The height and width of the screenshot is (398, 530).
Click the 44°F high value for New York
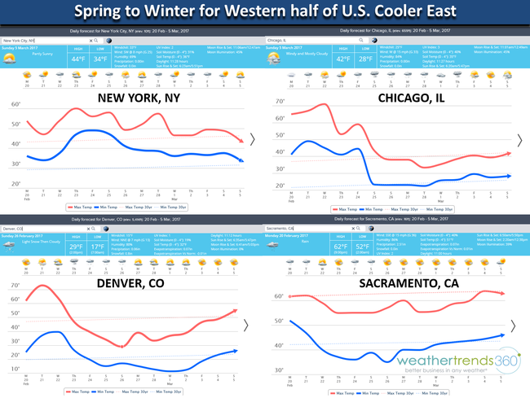tap(77, 59)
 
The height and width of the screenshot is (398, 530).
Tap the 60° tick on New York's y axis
tap(15, 105)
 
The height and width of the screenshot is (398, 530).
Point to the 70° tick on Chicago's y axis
tap(280, 102)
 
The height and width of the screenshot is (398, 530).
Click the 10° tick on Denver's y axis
tap(15, 369)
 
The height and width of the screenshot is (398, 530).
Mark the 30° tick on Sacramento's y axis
tap(279, 370)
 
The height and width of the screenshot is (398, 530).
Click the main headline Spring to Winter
tap(265, 14)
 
